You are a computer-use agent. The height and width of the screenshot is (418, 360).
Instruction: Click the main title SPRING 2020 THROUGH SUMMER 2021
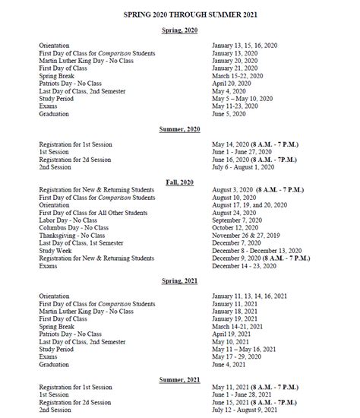tap(179, 14)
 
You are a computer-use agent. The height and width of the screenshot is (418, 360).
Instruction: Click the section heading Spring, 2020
tap(180, 30)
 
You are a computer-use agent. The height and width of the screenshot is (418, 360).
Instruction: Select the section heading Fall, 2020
tap(180, 182)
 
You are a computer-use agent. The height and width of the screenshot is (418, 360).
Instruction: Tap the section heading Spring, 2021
tap(180, 281)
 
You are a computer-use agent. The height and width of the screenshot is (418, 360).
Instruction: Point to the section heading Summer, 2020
tap(180, 130)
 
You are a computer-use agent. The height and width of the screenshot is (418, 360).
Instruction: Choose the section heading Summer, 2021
tap(180, 380)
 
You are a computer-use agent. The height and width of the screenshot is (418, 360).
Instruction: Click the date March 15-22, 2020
tap(238, 76)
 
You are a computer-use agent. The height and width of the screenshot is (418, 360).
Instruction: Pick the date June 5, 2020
tap(230, 114)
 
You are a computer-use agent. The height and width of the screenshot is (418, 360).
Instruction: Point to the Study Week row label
tap(56, 251)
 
